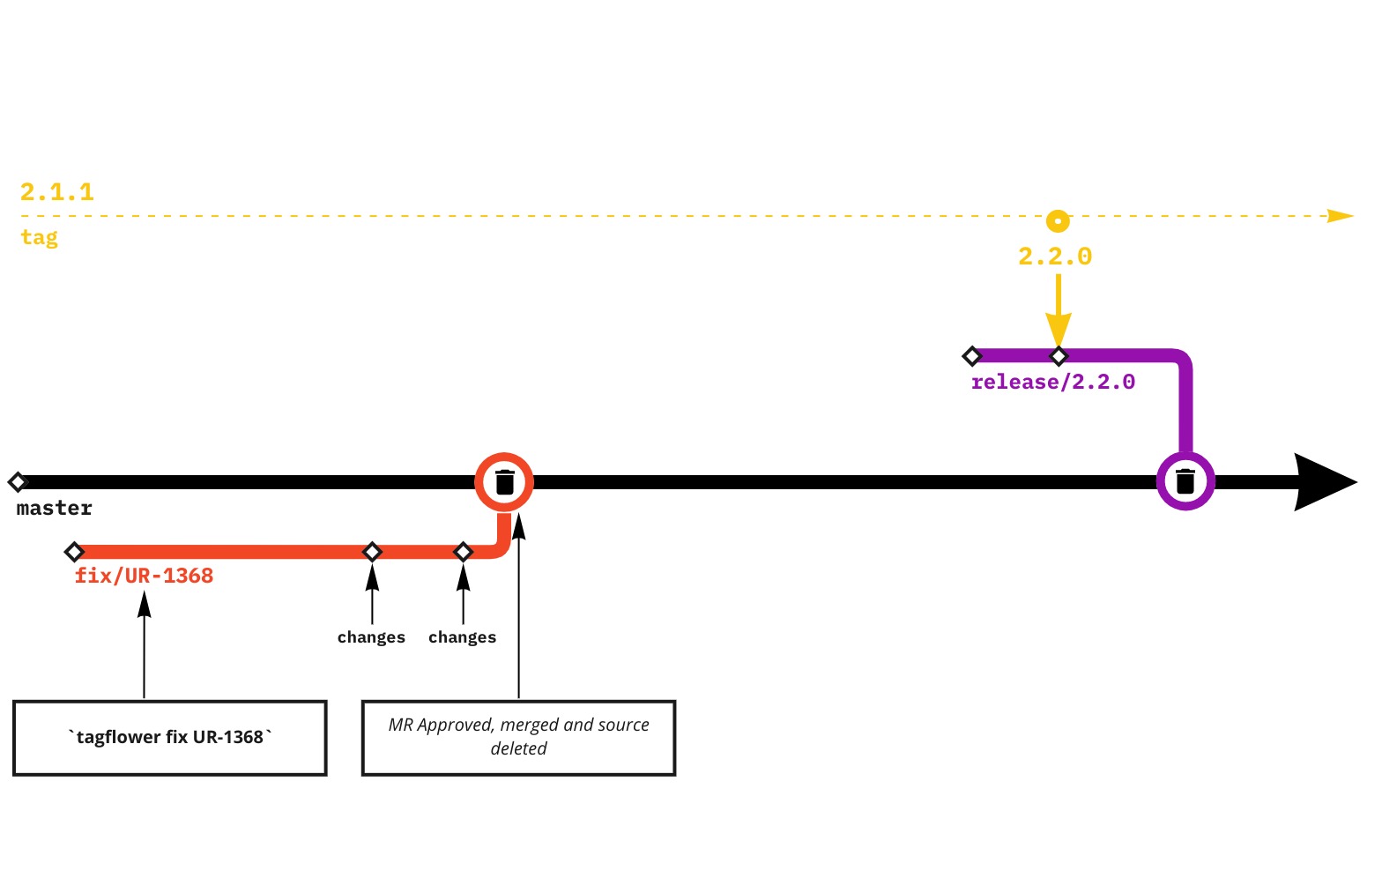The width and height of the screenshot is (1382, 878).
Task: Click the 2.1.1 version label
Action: tap(57, 191)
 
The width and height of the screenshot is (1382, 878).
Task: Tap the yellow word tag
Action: tap(40, 237)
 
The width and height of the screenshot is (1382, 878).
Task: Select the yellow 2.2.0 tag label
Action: tap(1055, 257)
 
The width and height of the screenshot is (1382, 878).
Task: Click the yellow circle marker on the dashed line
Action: tap(1058, 220)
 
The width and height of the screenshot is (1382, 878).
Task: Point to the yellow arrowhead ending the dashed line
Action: tap(1341, 216)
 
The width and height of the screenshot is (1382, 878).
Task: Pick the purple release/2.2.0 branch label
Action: tap(1052, 382)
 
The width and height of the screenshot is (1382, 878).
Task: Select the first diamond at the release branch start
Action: tap(971, 356)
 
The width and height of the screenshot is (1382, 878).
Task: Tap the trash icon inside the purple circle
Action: tap(1185, 481)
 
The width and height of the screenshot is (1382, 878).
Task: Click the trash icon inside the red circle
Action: tap(504, 482)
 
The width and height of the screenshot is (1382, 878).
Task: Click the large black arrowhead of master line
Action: tap(1322, 482)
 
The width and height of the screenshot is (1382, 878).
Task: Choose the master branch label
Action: tap(55, 508)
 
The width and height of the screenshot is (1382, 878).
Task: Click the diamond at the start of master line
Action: tap(18, 482)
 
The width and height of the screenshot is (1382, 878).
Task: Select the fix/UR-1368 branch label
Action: tap(144, 576)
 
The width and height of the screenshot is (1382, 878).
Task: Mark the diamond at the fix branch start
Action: tap(74, 552)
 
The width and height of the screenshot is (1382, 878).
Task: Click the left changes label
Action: tap(371, 636)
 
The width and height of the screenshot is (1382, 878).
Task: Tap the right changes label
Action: tap(462, 636)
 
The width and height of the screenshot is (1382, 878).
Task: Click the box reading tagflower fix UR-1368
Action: tap(170, 738)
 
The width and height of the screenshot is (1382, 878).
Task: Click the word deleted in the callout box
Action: tap(518, 748)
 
